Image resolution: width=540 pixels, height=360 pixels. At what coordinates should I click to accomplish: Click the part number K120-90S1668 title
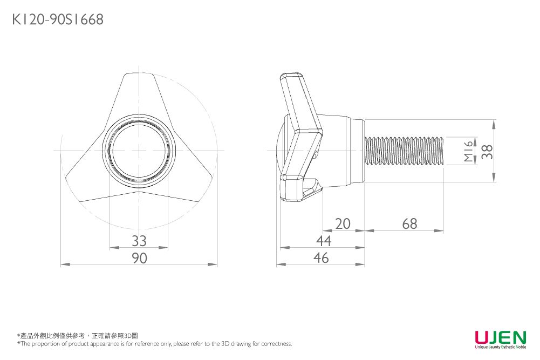point(57,20)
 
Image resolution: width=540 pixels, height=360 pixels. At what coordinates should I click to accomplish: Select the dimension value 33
point(139,240)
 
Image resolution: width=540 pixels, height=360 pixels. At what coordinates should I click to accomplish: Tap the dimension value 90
point(139,258)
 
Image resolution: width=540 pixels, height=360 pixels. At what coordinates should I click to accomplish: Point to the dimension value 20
point(343,223)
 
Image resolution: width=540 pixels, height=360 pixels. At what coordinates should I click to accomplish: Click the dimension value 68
point(409,223)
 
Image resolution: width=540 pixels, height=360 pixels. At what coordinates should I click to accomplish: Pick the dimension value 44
point(324,240)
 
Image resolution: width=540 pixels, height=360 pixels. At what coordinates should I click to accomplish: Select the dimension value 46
point(322,258)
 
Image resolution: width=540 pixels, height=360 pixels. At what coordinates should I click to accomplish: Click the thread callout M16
point(468,151)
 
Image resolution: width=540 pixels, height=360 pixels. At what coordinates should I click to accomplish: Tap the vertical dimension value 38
point(487,151)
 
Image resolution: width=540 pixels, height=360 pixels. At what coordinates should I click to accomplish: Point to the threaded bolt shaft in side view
point(405,151)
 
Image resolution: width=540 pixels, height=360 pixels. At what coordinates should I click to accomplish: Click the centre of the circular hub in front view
point(139,150)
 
